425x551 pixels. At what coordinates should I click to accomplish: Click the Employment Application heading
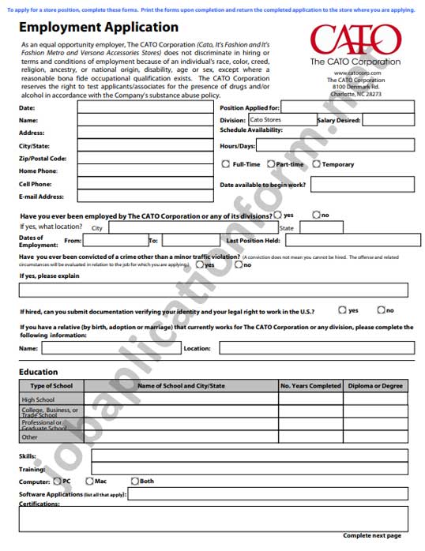[99, 27]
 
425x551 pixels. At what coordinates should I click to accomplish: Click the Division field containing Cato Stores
[281, 120]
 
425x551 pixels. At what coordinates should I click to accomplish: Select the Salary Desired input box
[387, 120]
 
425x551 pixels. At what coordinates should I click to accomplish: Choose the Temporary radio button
[317, 164]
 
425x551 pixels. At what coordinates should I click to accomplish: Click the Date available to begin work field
[360, 185]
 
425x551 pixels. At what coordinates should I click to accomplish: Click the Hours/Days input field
[335, 146]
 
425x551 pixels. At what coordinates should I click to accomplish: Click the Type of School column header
[51, 386]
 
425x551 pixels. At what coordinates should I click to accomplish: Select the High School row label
[39, 399]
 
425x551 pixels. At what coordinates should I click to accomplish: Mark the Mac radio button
[89, 481]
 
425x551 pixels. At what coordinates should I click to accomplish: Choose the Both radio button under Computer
[134, 481]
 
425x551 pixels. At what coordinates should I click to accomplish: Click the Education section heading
[39, 372]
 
